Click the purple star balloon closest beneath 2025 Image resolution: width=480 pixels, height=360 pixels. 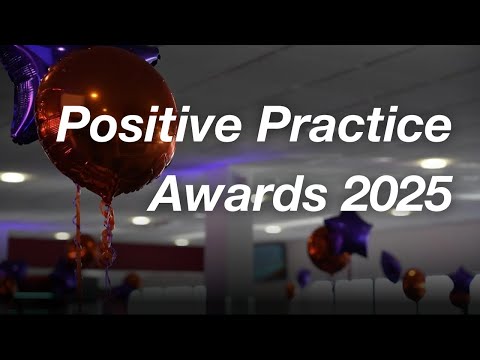(x=348, y=233)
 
